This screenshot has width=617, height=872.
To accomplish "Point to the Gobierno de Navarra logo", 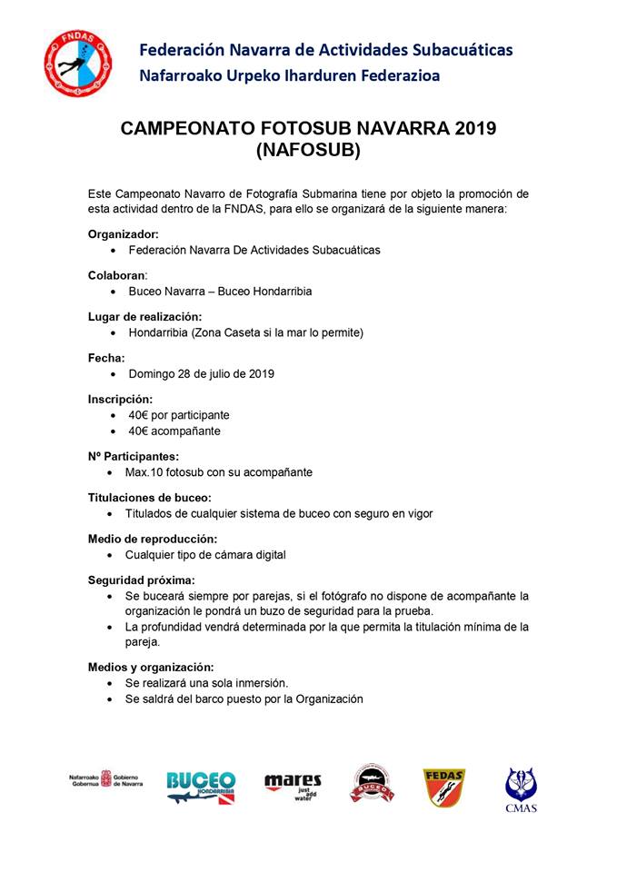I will coord(105,781).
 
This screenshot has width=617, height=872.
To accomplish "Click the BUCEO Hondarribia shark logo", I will coord(201,787).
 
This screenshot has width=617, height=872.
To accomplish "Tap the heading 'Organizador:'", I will coord(123,233).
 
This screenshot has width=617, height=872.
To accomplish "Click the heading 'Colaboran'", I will coord(116,274).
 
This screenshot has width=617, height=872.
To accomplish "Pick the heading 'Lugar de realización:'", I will coord(144,316).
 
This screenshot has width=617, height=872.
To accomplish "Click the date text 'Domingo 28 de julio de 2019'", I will coord(201,373).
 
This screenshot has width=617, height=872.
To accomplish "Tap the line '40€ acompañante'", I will coord(174,431).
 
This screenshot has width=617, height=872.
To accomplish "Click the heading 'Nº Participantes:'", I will coord(133,456).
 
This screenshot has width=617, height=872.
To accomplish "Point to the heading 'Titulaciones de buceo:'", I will coord(149,497).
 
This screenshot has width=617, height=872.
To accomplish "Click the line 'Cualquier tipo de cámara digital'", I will coord(207,554).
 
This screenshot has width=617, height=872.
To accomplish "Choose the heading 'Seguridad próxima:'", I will coord(141,580).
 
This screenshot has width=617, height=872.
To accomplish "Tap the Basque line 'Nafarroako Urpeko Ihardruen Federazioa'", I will coord(289,76).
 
